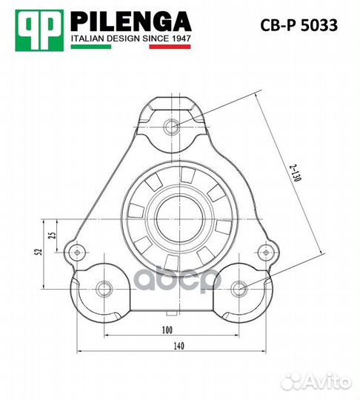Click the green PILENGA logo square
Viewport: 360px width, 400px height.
[x=39, y=30]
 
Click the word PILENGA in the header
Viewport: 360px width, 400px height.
[x=130, y=21]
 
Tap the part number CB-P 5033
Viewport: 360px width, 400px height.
[x=299, y=25]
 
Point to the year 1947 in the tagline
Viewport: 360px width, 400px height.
[x=181, y=39]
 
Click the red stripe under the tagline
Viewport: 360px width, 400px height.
[x=170, y=47]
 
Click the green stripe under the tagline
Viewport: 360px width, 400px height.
[x=91, y=47]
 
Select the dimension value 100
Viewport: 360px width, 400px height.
[x=167, y=330]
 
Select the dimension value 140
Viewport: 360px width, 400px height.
[x=179, y=346]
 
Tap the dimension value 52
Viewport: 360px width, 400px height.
[x=39, y=252]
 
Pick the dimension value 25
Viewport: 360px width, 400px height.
[x=52, y=235]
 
